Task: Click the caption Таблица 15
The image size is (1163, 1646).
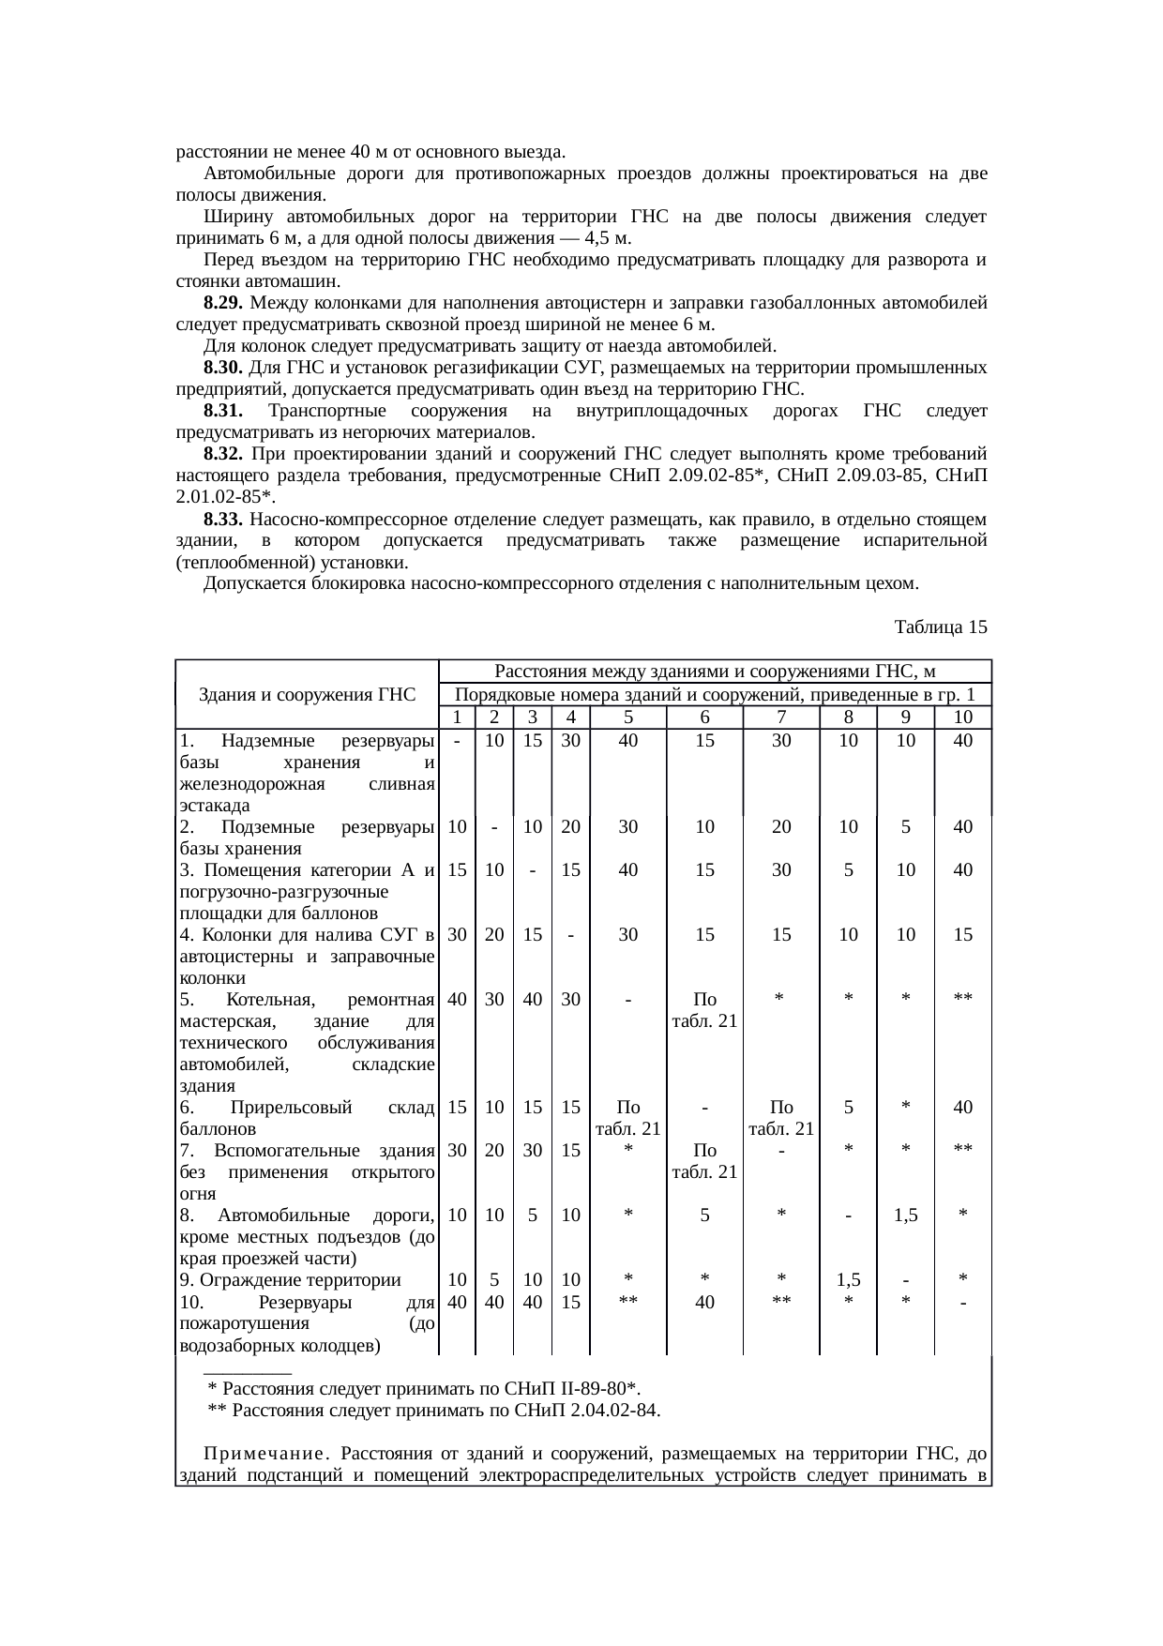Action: click(941, 627)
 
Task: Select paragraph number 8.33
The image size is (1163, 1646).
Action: click(223, 520)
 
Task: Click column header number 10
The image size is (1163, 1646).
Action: click(962, 717)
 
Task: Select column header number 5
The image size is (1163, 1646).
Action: click(628, 717)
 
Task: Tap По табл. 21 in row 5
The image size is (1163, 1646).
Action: click(704, 1010)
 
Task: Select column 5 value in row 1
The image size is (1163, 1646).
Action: click(628, 740)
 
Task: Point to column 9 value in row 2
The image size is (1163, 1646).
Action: click(905, 827)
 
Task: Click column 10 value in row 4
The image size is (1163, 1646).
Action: click(962, 935)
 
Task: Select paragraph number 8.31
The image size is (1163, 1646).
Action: click(223, 412)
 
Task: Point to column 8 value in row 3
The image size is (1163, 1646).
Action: click(848, 870)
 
